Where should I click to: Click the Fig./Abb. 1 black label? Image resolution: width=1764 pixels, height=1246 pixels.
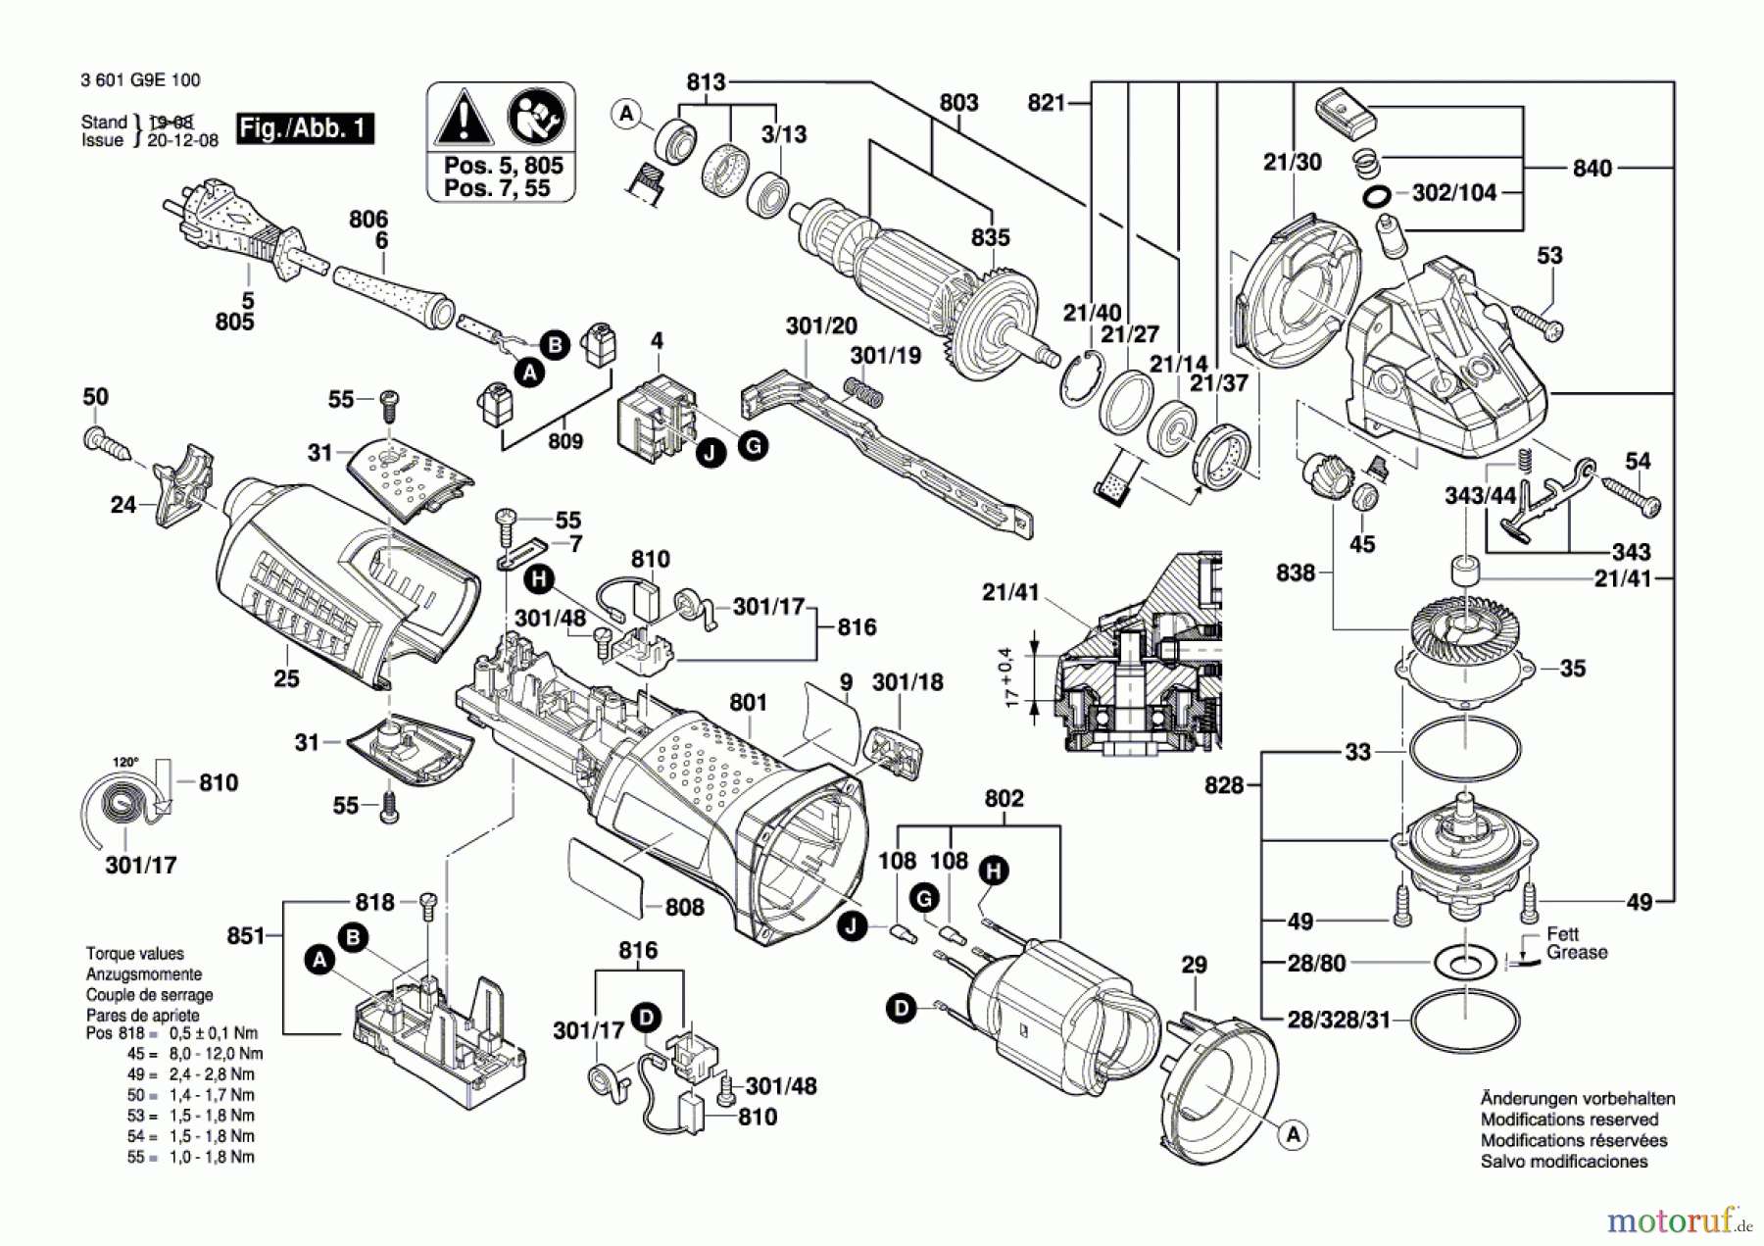(305, 128)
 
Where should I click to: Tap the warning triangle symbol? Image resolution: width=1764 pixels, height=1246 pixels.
(464, 119)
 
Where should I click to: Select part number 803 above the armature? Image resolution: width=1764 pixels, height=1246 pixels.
(958, 103)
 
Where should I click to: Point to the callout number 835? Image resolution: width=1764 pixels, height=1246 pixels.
(990, 237)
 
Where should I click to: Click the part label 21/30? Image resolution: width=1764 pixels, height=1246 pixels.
(1292, 163)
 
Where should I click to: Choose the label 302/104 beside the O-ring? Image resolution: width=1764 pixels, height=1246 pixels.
(1453, 193)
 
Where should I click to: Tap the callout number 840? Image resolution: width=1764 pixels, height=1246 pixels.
(1592, 169)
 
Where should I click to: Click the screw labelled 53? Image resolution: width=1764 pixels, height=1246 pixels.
(1537, 323)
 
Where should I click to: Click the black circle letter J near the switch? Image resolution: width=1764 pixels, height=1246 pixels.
(710, 453)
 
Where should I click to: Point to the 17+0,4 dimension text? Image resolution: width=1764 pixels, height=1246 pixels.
(1010, 677)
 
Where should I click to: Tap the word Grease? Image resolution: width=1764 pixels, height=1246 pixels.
(1577, 953)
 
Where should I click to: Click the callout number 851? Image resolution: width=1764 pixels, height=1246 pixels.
(246, 936)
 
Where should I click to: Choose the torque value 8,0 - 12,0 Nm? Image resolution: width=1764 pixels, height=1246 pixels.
(211, 1054)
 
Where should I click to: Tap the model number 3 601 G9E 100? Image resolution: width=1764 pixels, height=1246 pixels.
(140, 80)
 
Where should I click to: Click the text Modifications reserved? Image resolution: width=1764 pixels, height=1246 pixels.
(1569, 1120)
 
